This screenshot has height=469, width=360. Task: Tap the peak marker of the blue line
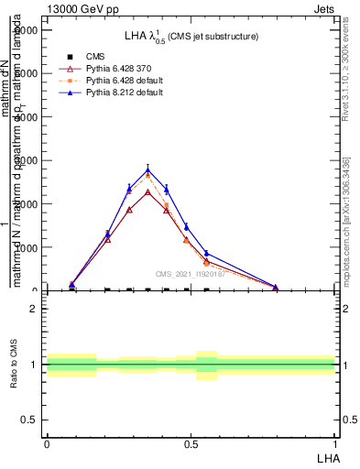(148, 170)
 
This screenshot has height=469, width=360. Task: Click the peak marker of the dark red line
(148, 192)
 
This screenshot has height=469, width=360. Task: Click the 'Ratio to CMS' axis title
(14, 365)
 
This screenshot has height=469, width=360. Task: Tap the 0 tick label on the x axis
(47, 443)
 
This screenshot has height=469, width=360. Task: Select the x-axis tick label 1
(334, 443)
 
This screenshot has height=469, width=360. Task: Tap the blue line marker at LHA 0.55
(206, 253)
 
